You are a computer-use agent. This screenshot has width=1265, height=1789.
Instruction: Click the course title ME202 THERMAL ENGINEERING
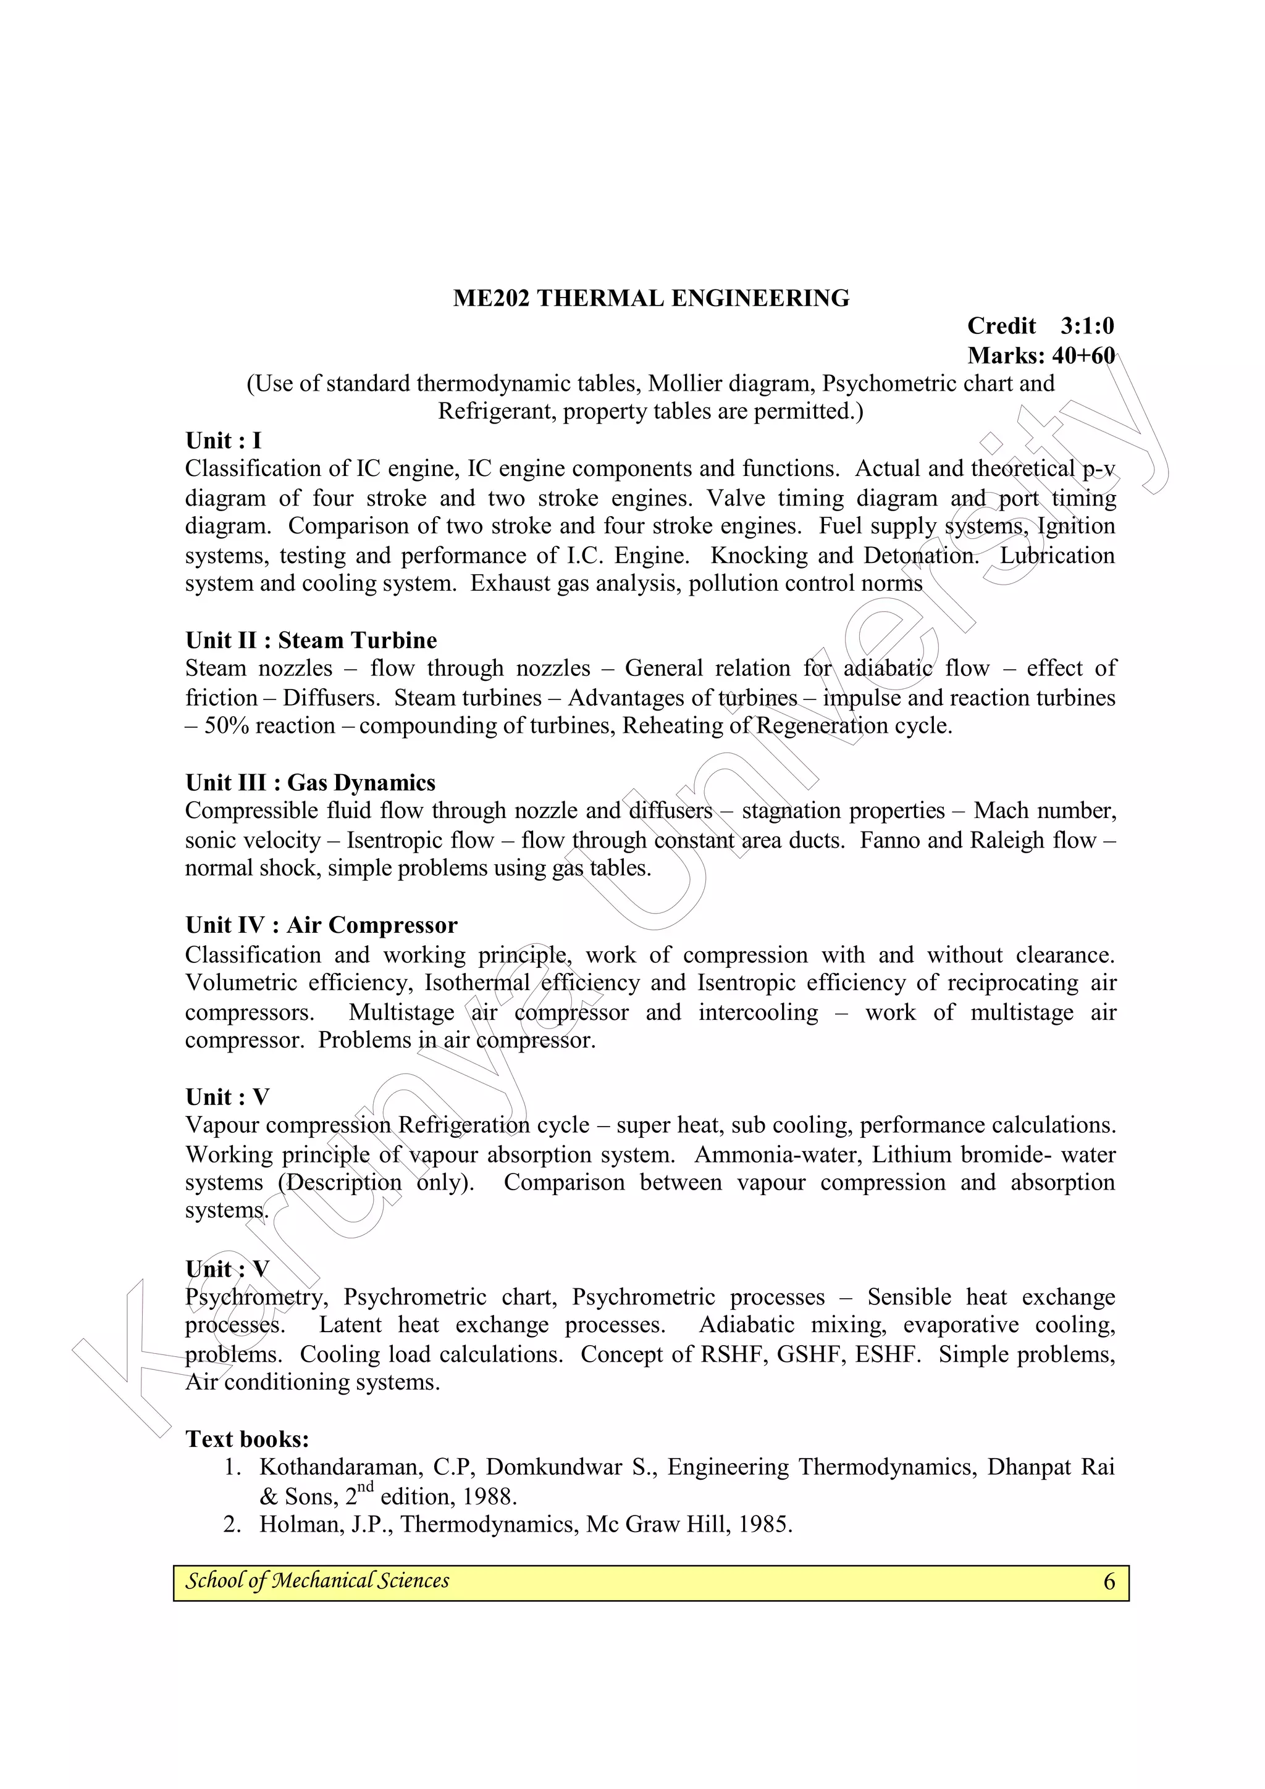tap(651, 298)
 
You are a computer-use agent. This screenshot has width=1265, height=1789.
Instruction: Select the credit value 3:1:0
tap(1086, 326)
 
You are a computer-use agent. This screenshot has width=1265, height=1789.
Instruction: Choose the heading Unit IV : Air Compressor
tap(321, 925)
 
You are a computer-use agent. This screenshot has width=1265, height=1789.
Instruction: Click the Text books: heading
tap(247, 1439)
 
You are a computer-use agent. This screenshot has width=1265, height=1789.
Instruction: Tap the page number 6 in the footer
tap(1109, 1581)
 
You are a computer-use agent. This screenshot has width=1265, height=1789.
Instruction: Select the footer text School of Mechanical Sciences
tap(317, 1580)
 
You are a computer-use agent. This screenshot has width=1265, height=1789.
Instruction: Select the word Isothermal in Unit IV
tap(477, 983)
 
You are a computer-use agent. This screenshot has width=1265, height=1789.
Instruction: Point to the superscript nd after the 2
tap(365, 1487)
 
